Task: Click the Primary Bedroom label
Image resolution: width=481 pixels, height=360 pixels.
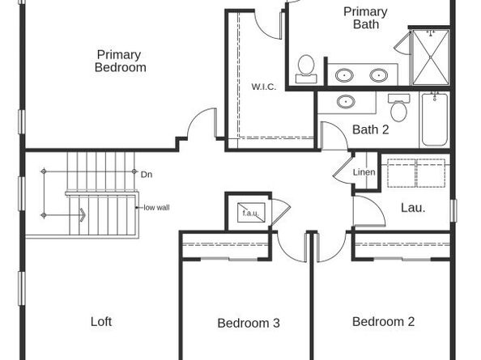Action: [120, 61]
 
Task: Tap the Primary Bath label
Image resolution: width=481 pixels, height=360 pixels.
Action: [365, 18]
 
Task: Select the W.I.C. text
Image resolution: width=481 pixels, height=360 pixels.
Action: [264, 87]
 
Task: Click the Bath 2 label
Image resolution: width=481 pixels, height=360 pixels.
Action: [370, 129]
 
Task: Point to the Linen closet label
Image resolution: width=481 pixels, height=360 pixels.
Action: [364, 172]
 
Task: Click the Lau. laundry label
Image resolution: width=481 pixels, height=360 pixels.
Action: [413, 208]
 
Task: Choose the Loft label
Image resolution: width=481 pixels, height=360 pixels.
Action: [101, 321]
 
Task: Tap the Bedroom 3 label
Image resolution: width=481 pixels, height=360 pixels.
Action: [249, 323]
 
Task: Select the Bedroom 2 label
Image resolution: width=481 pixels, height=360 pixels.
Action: [383, 321]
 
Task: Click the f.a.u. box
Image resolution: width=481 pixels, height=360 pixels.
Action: [248, 213]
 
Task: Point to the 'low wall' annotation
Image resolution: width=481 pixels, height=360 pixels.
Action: [156, 207]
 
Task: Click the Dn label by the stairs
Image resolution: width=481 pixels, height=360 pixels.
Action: [147, 174]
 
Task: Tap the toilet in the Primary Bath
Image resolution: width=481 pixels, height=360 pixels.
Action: [306, 68]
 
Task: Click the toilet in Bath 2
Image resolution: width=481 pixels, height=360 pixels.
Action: [398, 108]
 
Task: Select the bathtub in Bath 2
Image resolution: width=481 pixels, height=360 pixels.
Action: [434, 119]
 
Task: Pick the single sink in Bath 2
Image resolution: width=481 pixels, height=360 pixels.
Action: [346, 103]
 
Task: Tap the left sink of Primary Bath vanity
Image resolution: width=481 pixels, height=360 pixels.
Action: [345, 75]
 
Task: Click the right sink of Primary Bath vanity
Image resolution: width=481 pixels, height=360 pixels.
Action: [378, 75]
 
